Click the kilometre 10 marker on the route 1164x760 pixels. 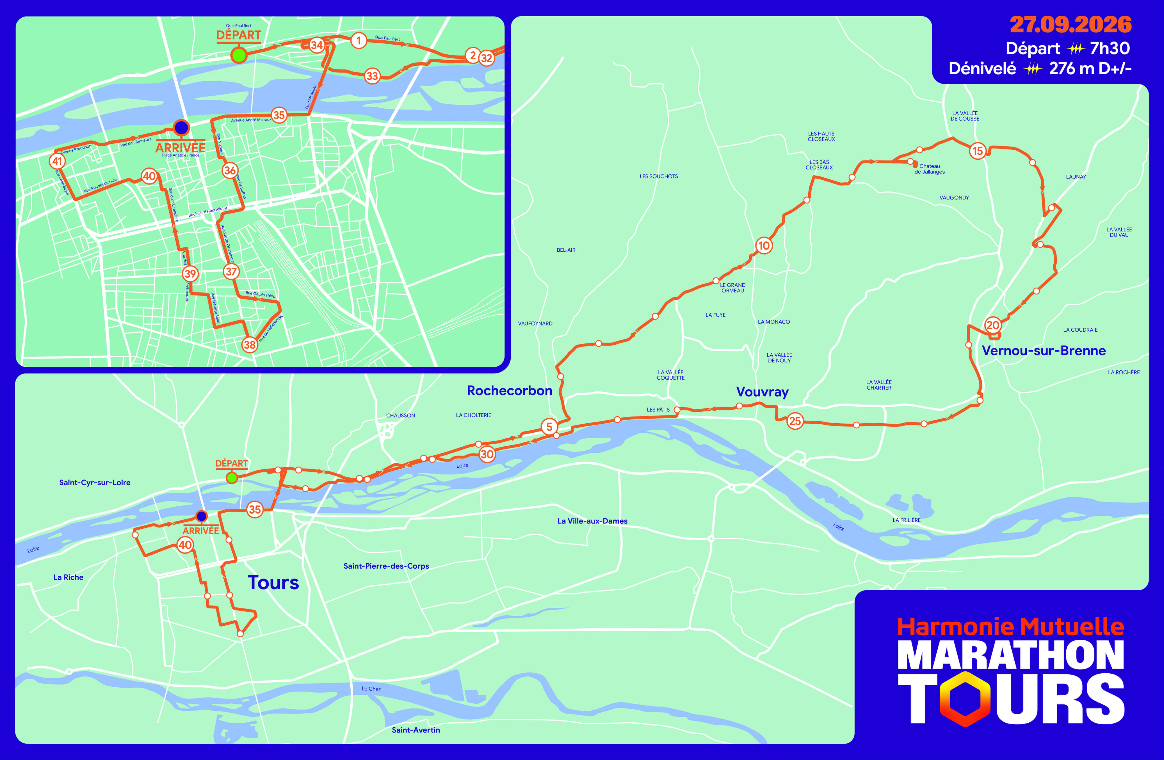point(764,245)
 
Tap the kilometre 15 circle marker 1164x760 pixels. point(978,151)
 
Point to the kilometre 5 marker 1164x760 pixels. point(549,426)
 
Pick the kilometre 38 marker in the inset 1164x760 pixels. point(249,345)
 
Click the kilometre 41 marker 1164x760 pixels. point(57,161)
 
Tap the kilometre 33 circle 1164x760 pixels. point(372,76)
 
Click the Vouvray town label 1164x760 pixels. point(762,392)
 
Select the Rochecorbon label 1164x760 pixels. point(509,391)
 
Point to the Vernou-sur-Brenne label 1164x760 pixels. point(1044,350)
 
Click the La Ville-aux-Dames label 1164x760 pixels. point(592,521)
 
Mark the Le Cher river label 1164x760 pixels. point(371,689)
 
